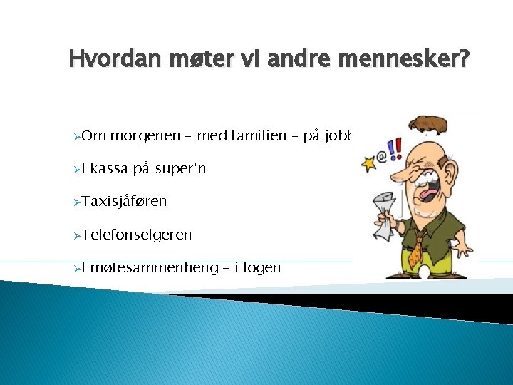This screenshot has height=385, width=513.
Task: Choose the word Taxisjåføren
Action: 124,202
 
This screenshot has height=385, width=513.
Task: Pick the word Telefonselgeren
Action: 136,235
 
